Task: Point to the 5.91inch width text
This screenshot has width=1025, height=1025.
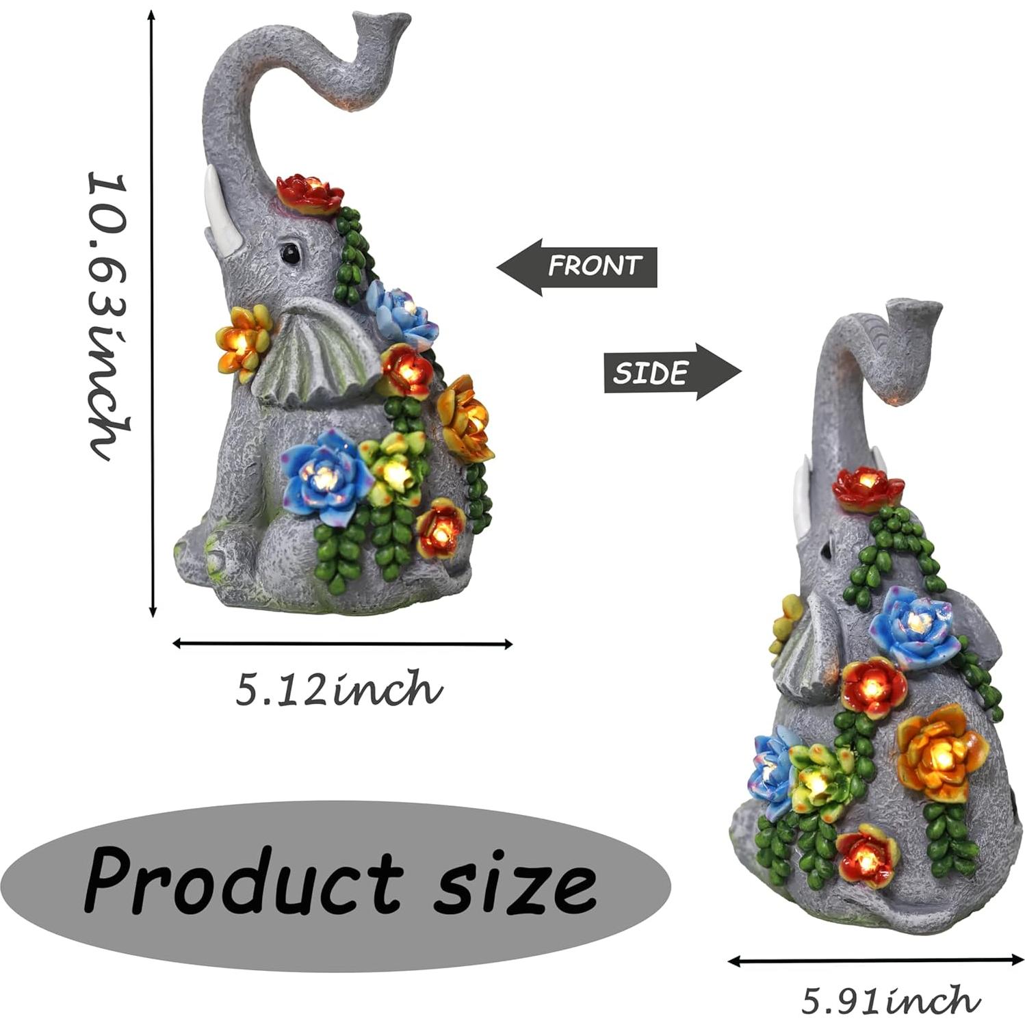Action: click(x=888, y=1000)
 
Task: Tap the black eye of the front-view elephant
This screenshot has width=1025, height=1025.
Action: click(x=291, y=252)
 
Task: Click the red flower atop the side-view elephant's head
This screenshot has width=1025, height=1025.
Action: click(x=868, y=488)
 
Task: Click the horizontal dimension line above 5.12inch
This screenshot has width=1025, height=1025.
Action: click(x=342, y=643)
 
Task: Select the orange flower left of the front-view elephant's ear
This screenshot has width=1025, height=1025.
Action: click(x=244, y=341)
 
